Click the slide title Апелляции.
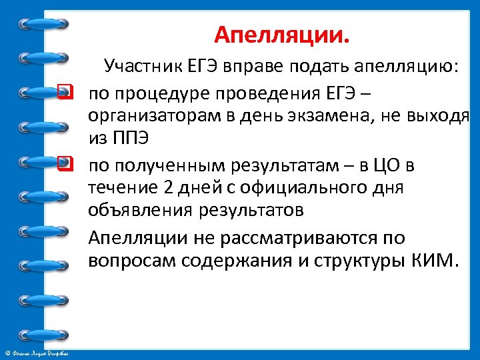282,33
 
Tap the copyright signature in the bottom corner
40,351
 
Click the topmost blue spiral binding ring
44,24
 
